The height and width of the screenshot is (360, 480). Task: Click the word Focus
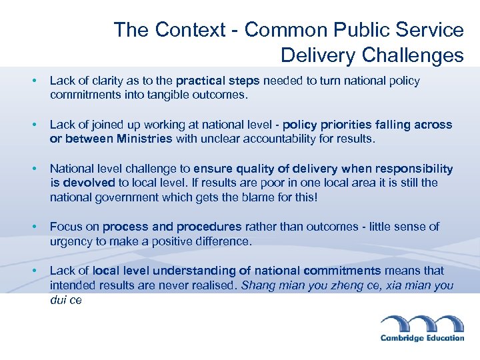tap(65, 227)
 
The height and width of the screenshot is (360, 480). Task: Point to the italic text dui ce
tap(66, 300)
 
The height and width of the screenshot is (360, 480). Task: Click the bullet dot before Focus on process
tap(33, 227)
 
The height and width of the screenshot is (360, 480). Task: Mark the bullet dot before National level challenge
tap(33, 169)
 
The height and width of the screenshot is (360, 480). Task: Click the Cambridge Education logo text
tap(422, 338)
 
